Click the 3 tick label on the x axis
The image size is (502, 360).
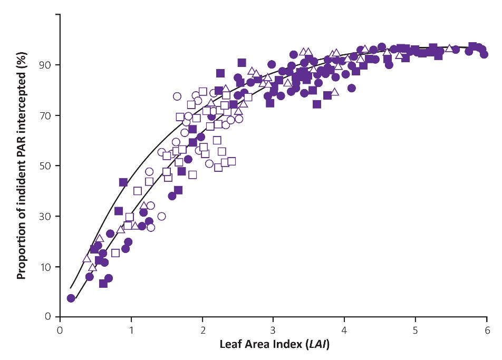274,329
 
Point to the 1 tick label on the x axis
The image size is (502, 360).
131,329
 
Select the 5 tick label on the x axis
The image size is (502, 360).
416,329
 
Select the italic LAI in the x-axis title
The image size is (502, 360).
316,344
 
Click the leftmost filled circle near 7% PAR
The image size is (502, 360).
71,298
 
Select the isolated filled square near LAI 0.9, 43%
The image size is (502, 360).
123,182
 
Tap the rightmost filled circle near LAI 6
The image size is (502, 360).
484,54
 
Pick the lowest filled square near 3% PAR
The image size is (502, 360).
103,284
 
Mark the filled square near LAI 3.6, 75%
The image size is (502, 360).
317,104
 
